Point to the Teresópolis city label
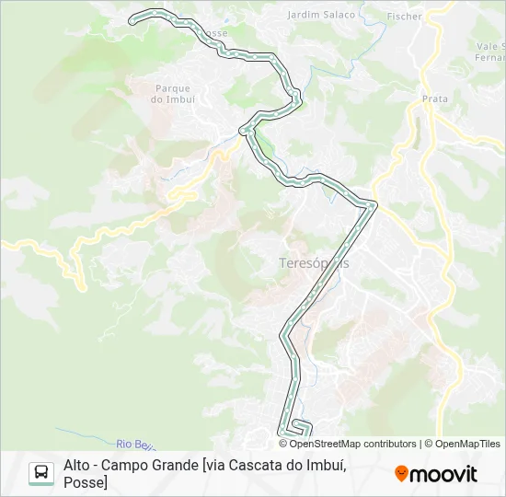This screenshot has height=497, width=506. point(314,263)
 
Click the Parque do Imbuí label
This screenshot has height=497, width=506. point(173,94)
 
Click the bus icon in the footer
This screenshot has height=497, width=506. point(40,473)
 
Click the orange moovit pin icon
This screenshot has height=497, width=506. point(401,474)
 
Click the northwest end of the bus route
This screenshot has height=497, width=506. point(132,17)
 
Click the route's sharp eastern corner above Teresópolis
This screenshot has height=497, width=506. point(374,204)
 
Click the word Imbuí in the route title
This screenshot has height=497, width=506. point(328,465)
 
